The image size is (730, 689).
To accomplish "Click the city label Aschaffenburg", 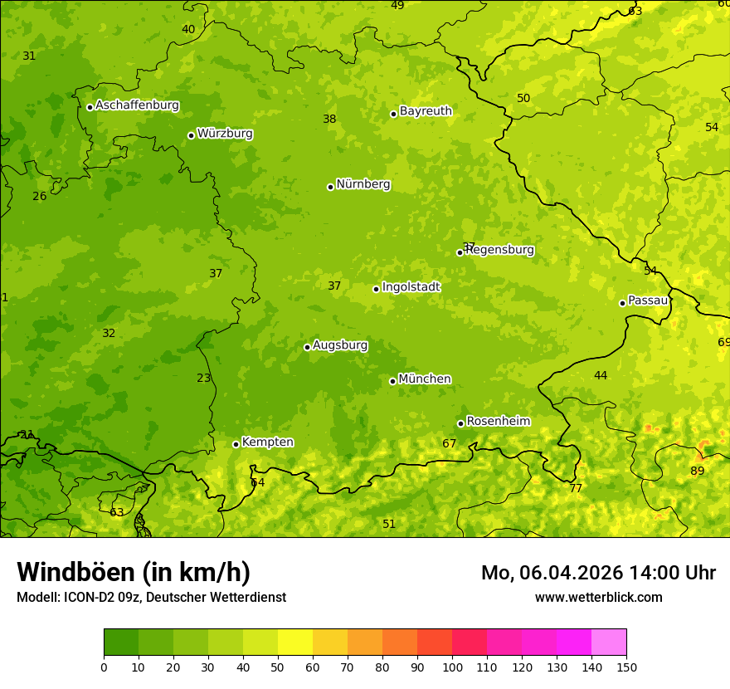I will coord(137,105).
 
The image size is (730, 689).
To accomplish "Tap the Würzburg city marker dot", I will coord(191,135).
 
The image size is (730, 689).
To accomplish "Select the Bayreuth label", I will coord(426,111).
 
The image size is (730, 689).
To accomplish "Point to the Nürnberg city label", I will coord(363,184).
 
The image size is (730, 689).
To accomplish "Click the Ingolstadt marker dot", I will coord(376,289).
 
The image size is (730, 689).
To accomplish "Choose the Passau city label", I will coord(648,301).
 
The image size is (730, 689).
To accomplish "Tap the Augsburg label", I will coord(339,345).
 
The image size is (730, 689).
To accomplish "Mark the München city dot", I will coord(392,381).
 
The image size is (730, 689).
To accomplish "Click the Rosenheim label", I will coord(498,422).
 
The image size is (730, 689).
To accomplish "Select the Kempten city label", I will coord(267,442).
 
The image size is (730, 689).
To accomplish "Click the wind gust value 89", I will coord(697,472).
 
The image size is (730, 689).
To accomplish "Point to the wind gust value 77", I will coord(575,489).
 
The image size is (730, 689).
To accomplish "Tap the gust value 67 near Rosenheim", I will coord(449,444).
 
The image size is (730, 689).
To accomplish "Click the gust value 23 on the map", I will coord(204,379).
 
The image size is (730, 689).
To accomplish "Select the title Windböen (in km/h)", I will coord(133,572).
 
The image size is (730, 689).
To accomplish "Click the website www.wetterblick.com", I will coord(598,598).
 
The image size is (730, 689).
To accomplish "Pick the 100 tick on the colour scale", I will coord(452,667).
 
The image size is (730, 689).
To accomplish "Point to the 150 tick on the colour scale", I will coord(626,667).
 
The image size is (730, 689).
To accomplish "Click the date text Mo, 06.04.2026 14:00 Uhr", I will coord(598,573).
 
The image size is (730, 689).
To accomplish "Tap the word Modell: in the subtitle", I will coord(38,598).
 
